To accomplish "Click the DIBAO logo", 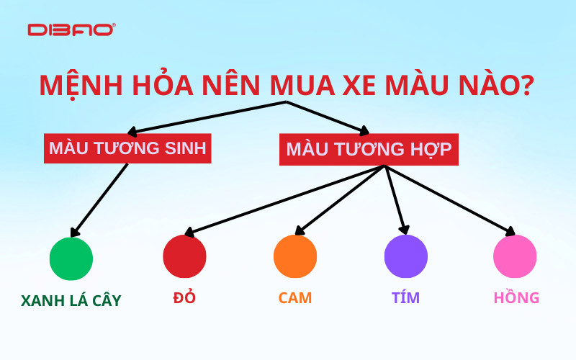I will click(71, 30).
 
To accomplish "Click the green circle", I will click(71, 258).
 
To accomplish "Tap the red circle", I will click(184, 257).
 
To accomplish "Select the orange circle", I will click(295, 257).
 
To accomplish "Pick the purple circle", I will click(406, 257).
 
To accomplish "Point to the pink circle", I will click(515, 257).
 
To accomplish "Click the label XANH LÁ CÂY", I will click(71, 300).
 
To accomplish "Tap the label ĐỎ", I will click(185, 297).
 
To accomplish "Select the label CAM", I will click(295, 297).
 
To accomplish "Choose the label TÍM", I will click(406, 297).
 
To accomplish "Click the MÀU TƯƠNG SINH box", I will click(127, 148).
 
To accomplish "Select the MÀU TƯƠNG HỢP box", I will click(369, 149).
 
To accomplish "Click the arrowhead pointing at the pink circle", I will click(511, 232).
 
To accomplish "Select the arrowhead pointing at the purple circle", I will click(405, 229).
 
